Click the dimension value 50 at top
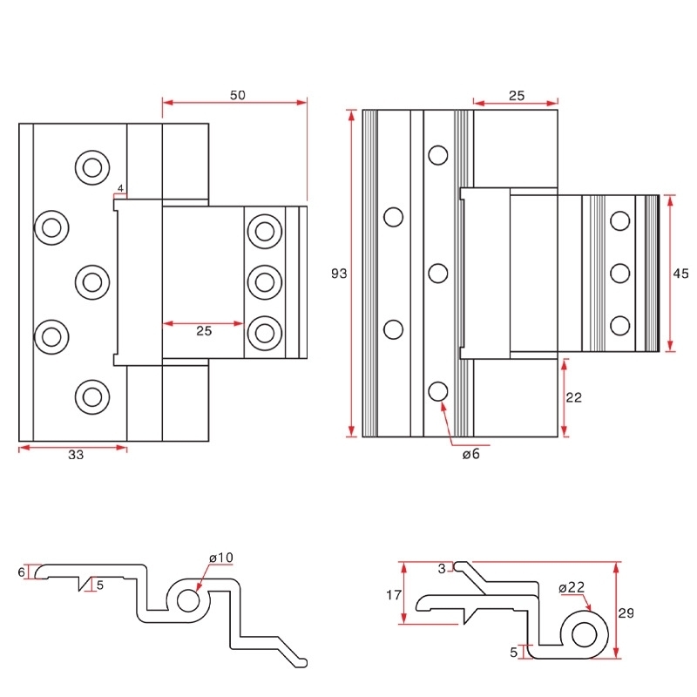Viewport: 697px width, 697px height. pyautogui.click(x=237, y=96)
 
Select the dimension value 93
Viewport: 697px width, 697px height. pyautogui.click(x=340, y=274)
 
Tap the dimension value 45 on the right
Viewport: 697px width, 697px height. pyautogui.click(x=681, y=274)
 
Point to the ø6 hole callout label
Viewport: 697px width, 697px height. pyautogui.click(x=470, y=455)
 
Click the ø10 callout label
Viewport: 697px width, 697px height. pyautogui.click(x=221, y=558)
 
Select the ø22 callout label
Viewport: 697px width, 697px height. pyautogui.click(x=572, y=587)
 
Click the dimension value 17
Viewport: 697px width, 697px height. pyautogui.click(x=392, y=596)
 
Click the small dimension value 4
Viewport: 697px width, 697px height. pyautogui.click(x=120, y=188)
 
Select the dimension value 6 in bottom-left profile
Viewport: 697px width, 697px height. pyautogui.click(x=22, y=572)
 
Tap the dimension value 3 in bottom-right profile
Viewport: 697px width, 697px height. pyautogui.click(x=442, y=568)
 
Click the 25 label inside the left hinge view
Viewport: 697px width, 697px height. pyautogui.click(x=203, y=331)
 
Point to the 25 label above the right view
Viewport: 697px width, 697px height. pyautogui.click(x=516, y=96)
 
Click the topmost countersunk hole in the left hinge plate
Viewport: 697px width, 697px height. pyautogui.click(x=91, y=166)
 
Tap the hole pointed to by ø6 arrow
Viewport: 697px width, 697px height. pyautogui.click(x=437, y=391)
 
